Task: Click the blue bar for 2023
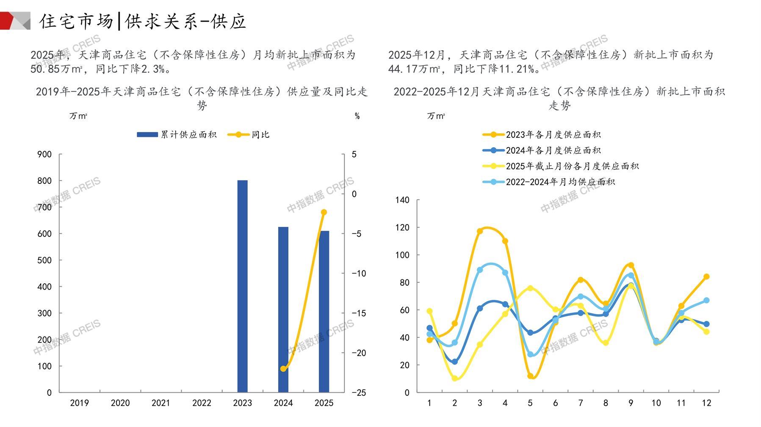click(242, 286)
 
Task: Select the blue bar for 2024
click(283, 309)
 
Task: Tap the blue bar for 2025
click(324, 312)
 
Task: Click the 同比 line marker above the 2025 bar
click(324, 212)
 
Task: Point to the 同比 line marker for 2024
click(283, 369)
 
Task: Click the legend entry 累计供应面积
click(177, 134)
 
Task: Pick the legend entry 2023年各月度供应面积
click(542, 134)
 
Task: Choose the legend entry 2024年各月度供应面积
click(542, 150)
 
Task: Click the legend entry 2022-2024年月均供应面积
click(549, 182)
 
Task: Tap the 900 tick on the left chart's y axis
click(44, 154)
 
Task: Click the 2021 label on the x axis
click(161, 403)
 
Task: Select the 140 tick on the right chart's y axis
click(402, 200)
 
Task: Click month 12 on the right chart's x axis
click(706, 403)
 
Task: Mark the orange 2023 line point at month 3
click(480, 231)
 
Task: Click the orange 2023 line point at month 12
click(706, 276)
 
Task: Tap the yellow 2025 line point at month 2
click(455, 378)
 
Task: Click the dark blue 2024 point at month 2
click(455, 362)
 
